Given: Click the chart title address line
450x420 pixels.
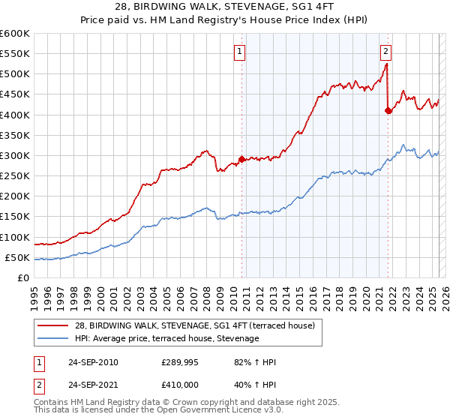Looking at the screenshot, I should [224, 7].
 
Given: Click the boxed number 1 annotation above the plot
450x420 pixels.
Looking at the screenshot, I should [239, 52].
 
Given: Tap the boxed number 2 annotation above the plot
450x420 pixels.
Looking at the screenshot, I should [385, 52].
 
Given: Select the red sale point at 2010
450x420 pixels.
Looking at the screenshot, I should [241, 159].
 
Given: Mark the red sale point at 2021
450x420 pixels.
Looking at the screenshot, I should [388, 110].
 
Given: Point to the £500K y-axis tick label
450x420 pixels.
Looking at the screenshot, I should [14, 74].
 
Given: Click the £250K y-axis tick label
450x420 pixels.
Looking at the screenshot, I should [14, 176].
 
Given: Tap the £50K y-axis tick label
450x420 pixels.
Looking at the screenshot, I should [16, 258].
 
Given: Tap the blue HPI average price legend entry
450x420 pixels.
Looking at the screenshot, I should [166, 339].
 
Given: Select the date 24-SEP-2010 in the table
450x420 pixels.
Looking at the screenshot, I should [92, 362].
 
